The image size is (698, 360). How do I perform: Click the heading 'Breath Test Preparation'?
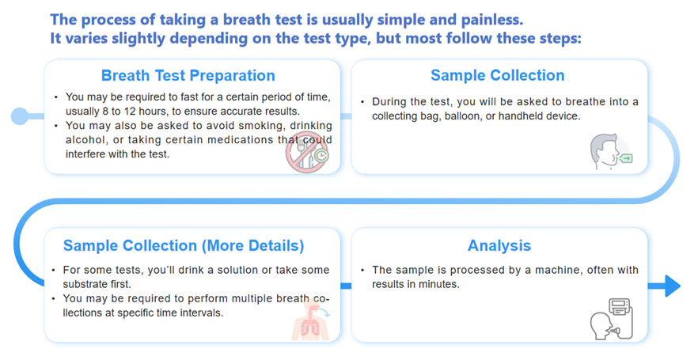click(188, 76)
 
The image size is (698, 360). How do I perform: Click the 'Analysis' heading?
click(499, 245)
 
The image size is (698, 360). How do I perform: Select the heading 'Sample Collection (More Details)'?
click(184, 245)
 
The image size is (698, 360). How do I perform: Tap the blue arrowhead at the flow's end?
click(672, 286)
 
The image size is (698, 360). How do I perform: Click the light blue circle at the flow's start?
click(20, 116)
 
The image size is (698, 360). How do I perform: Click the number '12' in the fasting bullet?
click(130, 112)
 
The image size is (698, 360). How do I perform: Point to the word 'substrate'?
click(84, 284)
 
